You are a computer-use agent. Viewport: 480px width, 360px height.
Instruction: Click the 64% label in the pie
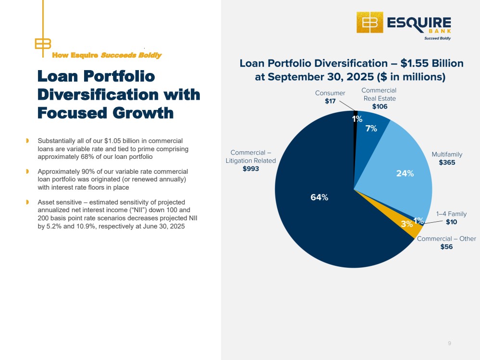click(x=319, y=197)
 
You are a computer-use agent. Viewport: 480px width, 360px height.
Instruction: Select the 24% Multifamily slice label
click(x=405, y=174)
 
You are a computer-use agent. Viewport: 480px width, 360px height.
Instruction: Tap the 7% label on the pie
click(x=371, y=128)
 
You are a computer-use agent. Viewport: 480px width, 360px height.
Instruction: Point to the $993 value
click(x=251, y=168)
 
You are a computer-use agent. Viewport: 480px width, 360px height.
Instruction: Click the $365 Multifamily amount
click(x=447, y=162)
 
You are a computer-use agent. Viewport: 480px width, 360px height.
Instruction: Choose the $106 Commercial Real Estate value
click(x=380, y=107)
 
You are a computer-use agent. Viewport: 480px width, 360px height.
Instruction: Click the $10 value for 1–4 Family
click(x=451, y=222)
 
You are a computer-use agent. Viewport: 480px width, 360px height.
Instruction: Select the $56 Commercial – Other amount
click(x=446, y=247)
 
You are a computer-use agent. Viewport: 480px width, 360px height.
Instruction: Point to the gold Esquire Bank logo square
click(x=369, y=22)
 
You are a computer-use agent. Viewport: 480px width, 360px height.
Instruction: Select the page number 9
click(x=449, y=343)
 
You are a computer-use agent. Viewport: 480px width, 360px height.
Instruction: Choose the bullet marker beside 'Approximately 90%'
click(x=28, y=171)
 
